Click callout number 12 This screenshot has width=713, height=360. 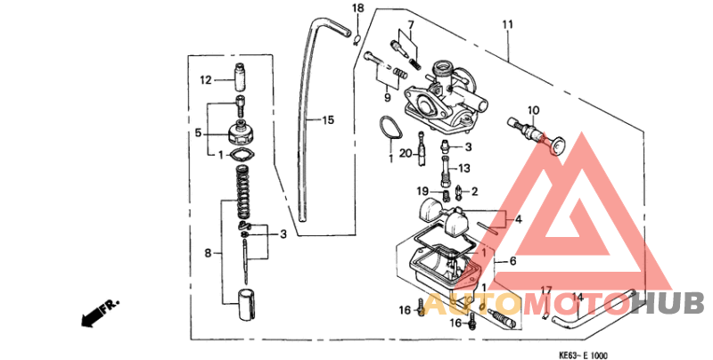[x=205, y=80]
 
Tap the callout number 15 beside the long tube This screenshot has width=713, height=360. [x=328, y=119]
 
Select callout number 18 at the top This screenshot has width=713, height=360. [x=357, y=9]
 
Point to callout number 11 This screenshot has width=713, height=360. [x=508, y=23]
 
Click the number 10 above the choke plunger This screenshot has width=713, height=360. [x=533, y=110]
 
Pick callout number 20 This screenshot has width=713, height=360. [x=406, y=153]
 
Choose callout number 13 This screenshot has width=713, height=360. [x=464, y=168]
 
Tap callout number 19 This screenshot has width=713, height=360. [x=423, y=191]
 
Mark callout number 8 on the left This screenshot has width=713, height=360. [x=207, y=254]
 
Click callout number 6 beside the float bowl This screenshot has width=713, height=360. [x=512, y=262]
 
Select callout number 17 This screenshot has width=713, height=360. [x=546, y=290]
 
